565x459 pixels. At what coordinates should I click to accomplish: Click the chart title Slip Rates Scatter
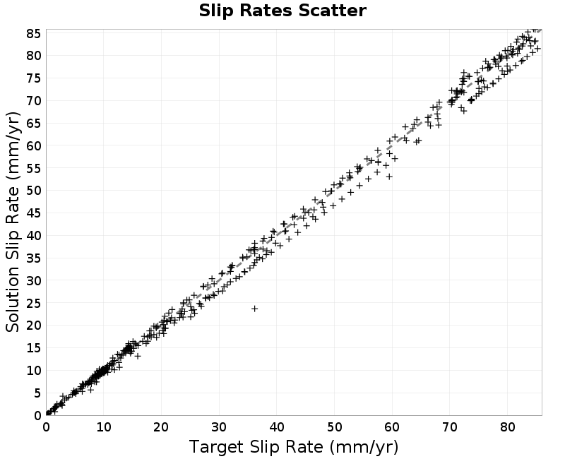pyautogui.click(x=282, y=11)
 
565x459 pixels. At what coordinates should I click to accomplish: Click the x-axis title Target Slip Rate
pyautogui.click(x=256, y=447)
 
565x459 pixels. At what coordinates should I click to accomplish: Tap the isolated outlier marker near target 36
pyautogui.click(x=255, y=309)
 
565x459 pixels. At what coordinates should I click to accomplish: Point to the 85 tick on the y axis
pyautogui.click(x=33, y=33)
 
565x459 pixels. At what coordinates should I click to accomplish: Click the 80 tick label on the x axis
pyautogui.click(x=507, y=427)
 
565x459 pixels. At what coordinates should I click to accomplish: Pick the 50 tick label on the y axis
pyautogui.click(x=33, y=191)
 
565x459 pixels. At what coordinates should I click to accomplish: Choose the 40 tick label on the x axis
pyautogui.click(x=277, y=427)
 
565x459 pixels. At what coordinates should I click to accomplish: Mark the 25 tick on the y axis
pyautogui.click(x=33, y=303)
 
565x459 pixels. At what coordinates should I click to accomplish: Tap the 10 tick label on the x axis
pyautogui.click(x=104, y=427)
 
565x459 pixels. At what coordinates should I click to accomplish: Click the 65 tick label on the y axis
pyautogui.click(x=33, y=123)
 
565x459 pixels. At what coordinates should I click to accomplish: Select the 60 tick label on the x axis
pyautogui.click(x=392, y=427)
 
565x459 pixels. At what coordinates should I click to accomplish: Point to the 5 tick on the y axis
pyautogui.click(x=37, y=393)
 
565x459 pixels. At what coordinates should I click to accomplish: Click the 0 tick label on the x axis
pyautogui.click(x=46, y=427)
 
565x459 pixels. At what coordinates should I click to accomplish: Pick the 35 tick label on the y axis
pyautogui.click(x=33, y=258)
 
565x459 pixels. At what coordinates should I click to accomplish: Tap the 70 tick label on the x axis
pyautogui.click(x=450, y=427)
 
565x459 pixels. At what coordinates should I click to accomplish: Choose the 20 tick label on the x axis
pyautogui.click(x=162, y=427)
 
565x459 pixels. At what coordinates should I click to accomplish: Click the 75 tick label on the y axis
pyautogui.click(x=33, y=78)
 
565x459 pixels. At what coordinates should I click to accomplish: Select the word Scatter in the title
pyautogui.click(x=332, y=11)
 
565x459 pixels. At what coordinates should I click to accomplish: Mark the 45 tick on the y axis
pyautogui.click(x=33, y=213)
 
